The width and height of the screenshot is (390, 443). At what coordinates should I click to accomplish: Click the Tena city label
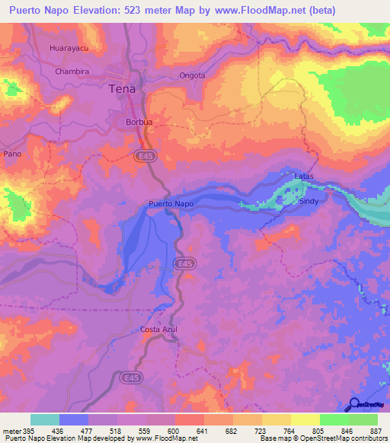pyautogui.click(x=123, y=88)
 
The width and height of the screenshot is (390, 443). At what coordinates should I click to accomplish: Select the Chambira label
pyautogui.click(x=72, y=71)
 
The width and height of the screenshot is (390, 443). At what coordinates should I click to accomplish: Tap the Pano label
pyautogui.click(x=12, y=153)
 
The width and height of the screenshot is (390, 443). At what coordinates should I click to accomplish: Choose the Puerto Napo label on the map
pyautogui.click(x=171, y=204)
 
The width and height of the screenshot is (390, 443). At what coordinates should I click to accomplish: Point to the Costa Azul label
pyautogui.click(x=159, y=329)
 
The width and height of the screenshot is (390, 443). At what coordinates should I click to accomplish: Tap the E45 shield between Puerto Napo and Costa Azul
pyautogui.click(x=182, y=263)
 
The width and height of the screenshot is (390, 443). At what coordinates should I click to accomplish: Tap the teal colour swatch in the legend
pyautogui.click(x=45, y=419)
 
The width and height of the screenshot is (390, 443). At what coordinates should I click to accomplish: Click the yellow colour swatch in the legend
pyautogui.click(x=305, y=419)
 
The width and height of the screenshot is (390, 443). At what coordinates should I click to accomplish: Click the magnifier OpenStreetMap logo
pyautogui.click(x=354, y=403)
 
